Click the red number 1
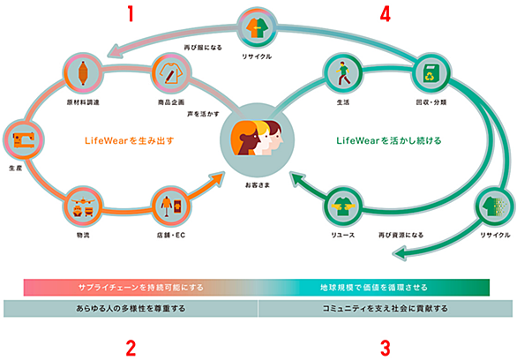click(131, 14)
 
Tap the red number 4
click(386, 14)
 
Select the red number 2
click(131, 349)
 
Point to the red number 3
click(386, 349)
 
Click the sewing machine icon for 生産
click(24, 139)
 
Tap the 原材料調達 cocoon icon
click(83, 73)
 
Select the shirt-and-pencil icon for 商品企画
click(171, 73)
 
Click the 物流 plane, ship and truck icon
click(83, 206)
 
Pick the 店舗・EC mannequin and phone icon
click(171, 206)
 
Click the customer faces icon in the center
click(258, 138)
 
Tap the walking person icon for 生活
click(343, 73)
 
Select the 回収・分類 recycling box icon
click(431, 73)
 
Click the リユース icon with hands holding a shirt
click(343, 206)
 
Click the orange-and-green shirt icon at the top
click(258, 27)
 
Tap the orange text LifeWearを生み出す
click(129, 141)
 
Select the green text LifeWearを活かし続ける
click(389, 141)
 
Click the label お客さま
click(258, 185)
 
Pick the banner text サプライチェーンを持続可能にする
click(141, 288)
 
